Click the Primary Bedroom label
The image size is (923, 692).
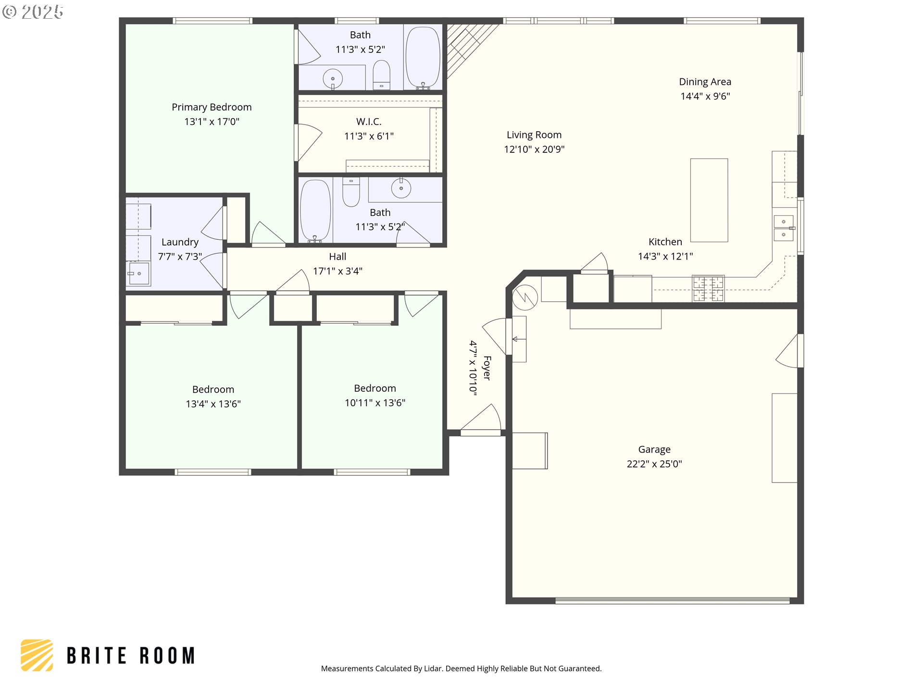coord(212,107)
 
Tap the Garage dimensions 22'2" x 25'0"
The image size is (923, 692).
coord(654,464)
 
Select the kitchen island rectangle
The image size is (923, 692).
coord(709,200)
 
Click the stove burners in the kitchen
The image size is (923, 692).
coord(708,288)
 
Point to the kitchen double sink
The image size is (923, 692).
coord(784,228)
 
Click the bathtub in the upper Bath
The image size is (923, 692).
coord(423,58)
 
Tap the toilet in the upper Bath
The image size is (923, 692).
coord(382,75)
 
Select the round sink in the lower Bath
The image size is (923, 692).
coord(401,188)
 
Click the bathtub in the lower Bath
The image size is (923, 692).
coord(315,211)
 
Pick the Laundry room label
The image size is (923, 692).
coord(180,242)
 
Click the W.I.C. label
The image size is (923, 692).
coord(369,122)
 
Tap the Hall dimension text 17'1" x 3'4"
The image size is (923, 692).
coord(337,271)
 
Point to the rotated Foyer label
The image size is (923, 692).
coord(487,368)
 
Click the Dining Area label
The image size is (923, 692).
coord(705,82)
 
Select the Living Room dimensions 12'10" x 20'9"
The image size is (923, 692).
coord(534,149)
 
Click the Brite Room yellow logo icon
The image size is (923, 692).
coord(37,655)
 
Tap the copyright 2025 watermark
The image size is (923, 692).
coord(33,12)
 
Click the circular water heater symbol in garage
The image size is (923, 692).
coord(525,297)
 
